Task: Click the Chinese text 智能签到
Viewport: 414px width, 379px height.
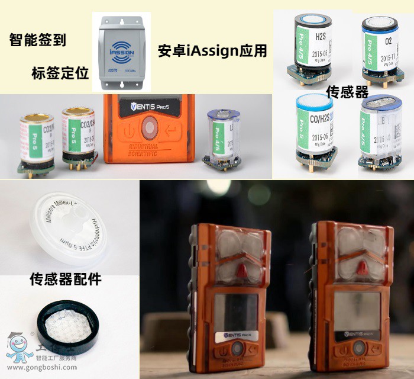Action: tap(38, 40)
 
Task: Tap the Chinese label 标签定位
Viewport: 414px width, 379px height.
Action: tap(60, 73)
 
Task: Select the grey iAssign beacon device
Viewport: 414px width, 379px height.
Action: tap(122, 50)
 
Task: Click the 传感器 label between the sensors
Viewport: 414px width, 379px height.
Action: tap(347, 92)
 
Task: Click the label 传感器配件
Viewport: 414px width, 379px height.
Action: tap(66, 279)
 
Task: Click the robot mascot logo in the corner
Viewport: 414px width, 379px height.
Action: tap(18, 348)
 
